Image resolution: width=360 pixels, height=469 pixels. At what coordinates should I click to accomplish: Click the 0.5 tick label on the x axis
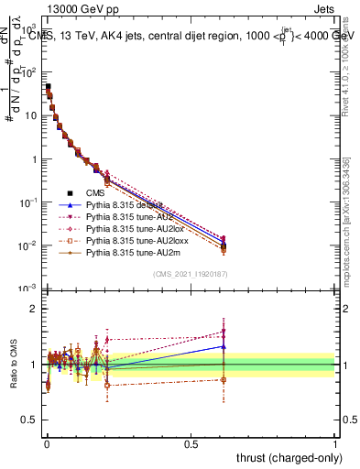(191, 444)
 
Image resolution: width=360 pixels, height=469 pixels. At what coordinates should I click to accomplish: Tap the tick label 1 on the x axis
(335, 444)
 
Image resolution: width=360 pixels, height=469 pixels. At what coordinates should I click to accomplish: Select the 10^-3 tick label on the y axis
(27, 289)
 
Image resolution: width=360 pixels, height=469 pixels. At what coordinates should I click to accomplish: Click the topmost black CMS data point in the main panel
(48, 87)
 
